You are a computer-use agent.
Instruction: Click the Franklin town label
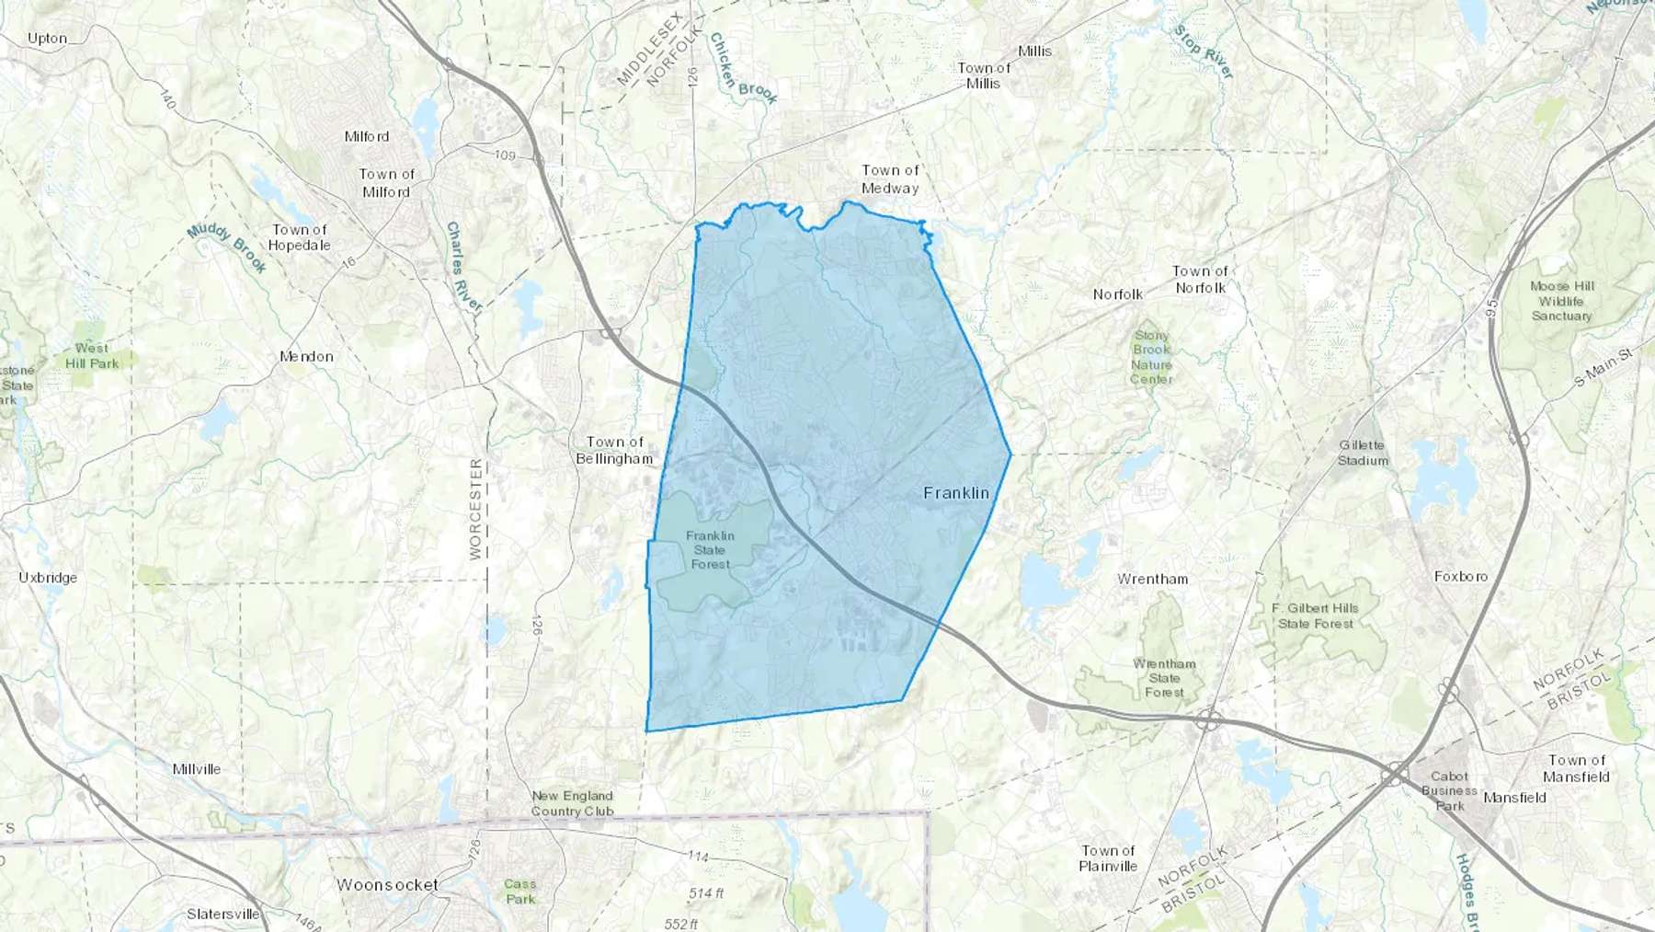[x=956, y=493]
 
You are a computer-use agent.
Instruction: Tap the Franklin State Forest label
[x=710, y=550]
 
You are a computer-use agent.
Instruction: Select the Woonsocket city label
[x=387, y=885]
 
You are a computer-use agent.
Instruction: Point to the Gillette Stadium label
[x=1363, y=453]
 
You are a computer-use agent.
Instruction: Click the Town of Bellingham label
[x=614, y=450]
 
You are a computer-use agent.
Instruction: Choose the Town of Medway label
[x=890, y=178]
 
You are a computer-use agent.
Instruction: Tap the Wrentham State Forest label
[x=1164, y=678]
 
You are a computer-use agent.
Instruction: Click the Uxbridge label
[x=48, y=578]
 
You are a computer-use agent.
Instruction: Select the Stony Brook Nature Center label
[x=1151, y=357]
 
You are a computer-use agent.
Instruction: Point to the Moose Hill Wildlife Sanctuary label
[x=1561, y=301]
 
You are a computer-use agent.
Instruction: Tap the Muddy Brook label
[x=227, y=248]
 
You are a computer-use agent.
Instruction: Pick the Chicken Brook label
[x=743, y=69]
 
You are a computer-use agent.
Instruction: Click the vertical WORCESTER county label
[x=475, y=509]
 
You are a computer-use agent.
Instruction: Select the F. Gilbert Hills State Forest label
[x=1315, y=616]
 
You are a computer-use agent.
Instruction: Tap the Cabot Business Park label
[x=1449, y=790]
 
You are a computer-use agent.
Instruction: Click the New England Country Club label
[x=572, y=803]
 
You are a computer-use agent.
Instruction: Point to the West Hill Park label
[x=92, y=355]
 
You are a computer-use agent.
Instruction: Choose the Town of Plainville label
[x=1108, y=858]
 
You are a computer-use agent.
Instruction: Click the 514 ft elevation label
[x=706, y=893]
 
